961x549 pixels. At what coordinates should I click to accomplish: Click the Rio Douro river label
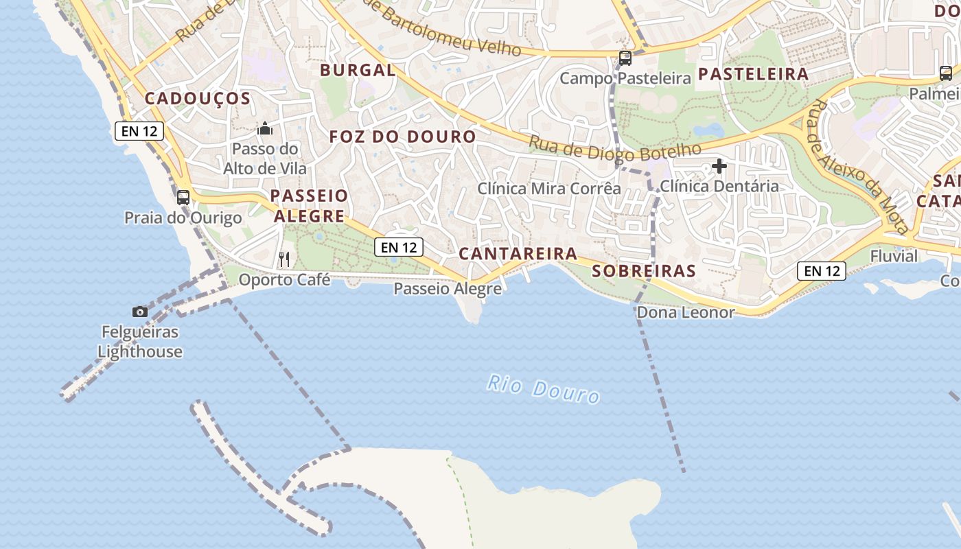pos(543,389)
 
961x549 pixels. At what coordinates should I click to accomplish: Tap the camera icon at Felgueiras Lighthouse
pos(140,312)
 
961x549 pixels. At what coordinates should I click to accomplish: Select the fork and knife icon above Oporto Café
pos(284,259)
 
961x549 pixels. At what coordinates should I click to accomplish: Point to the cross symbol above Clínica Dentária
pos(719,166)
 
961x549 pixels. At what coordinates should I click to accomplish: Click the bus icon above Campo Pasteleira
pos(625,58)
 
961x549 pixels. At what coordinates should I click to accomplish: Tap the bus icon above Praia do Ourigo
pos(183,198)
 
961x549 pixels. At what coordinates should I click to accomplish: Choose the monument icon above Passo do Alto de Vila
pos(265,128)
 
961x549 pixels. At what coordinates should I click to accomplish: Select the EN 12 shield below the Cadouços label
pos(139,130)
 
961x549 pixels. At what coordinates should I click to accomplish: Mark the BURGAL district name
pos(358,70)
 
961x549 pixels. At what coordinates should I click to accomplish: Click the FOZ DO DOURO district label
pos(402,137)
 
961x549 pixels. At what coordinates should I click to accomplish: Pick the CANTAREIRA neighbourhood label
pos(518,254)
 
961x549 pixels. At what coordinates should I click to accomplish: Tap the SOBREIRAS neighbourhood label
pos(643,271)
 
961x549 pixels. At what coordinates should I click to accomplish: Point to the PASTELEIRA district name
pos(753,74)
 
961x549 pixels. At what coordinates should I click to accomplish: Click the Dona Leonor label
pos(686,313)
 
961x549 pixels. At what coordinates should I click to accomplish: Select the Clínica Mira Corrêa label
pos(549,188)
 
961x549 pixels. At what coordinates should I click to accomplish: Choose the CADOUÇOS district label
pos(198,99)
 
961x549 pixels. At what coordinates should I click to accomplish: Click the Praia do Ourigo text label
pos(183,218)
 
